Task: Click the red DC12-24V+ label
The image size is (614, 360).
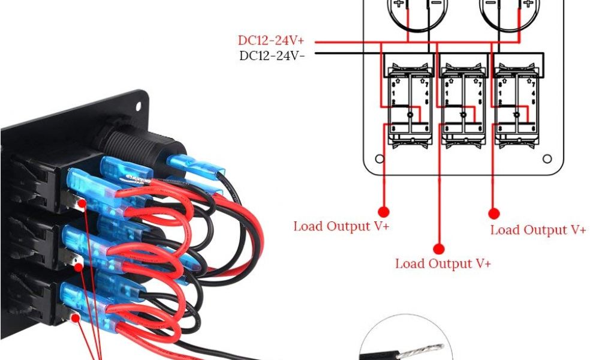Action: click(270, 41)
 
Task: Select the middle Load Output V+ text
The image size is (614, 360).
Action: click(443, 263)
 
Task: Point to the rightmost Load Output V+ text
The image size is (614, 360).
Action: click(538, 230)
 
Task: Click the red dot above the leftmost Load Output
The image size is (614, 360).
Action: click(384, 212)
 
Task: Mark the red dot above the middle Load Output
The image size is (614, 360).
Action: click(439, 248)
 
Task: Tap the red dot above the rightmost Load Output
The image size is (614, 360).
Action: click(495, 213)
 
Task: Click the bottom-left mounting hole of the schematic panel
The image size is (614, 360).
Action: click(379, 160)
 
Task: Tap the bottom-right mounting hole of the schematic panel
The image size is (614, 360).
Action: click(547, 160)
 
